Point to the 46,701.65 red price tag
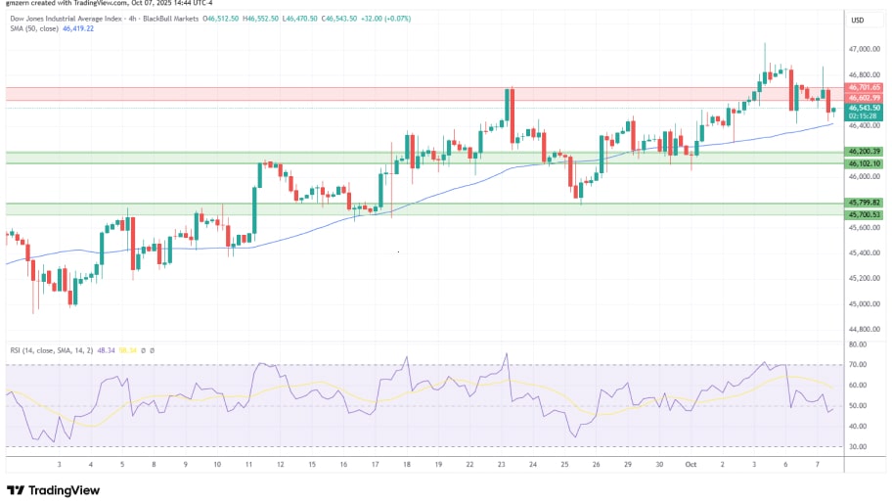(866, 87)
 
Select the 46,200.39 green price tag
(866, 152)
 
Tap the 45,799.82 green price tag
(866, 203)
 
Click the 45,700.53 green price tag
(866, 214)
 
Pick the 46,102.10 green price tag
(866, 163)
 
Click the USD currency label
(858, 21)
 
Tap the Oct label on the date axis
(691, 465)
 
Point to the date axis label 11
(248, 465)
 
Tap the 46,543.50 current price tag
(866, 108)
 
